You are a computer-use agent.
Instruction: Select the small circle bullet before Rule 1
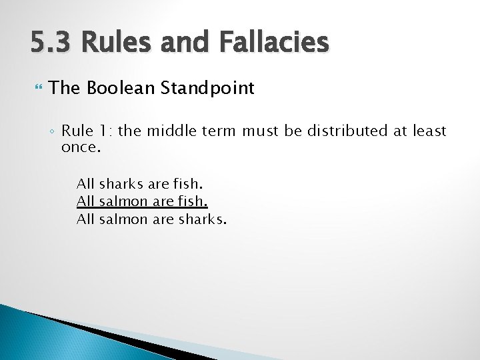(x=53, y=131)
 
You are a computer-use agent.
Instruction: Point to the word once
(x=80, y=147)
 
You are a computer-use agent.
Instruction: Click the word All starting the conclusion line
(x=85, y=218)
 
